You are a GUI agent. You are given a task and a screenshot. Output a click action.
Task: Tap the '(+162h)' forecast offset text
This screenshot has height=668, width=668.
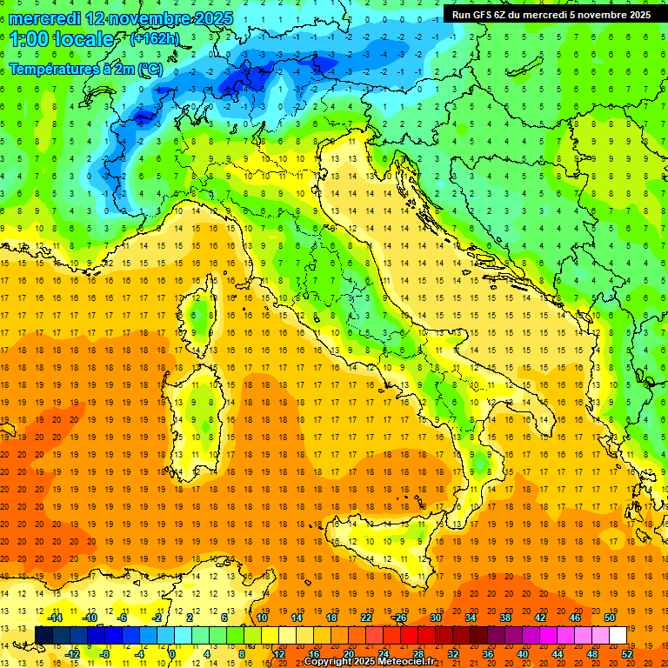tap(154, 38)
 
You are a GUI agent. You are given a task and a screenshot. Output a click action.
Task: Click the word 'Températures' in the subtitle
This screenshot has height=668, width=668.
tap(50, 69)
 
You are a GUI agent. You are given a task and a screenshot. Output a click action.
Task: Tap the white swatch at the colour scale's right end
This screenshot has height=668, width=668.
tap(618, 635)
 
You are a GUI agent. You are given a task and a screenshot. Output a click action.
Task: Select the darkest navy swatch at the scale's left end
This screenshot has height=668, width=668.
tap(43, 635)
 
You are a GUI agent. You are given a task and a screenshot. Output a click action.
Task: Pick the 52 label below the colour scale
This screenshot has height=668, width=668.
tap(628, 654)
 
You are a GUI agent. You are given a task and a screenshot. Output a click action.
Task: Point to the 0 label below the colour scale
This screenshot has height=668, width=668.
tap(172, 654)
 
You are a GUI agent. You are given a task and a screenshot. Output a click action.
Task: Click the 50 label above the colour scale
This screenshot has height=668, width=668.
tap(610, 618)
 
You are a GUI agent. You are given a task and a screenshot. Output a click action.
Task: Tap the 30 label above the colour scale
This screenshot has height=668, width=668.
tap(436, 618)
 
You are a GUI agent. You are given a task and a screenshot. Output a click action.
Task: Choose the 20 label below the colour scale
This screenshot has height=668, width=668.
tap(348, 654)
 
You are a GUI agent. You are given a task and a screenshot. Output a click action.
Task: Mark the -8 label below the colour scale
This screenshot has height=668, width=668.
tap(104, 654)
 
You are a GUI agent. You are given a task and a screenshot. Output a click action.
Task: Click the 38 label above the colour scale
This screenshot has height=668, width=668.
tap(505, 618)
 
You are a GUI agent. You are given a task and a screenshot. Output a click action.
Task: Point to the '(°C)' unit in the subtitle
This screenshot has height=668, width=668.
tap(149, 69)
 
